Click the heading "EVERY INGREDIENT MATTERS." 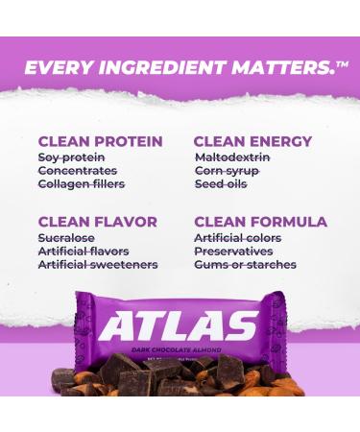(x=173, y=67)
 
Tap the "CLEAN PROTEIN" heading (x=101, y=141)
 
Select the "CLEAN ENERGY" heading (x=252, y=141)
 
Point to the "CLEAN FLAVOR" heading (x=98, y=222)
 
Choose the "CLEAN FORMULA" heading (x=260, y=222)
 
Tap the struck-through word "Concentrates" (x=78, y=170)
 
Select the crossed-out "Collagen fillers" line (x=82, y=183)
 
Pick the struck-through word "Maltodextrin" (x=233, y=156)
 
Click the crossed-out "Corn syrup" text (x=228, y=170)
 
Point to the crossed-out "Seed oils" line (x=223, y=183)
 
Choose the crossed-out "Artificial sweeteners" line (x=98, y=264)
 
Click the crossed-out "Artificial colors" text (x=237, y=237)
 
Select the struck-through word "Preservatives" (x=235, y=251)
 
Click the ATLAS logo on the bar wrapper (x=180, y=325)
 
